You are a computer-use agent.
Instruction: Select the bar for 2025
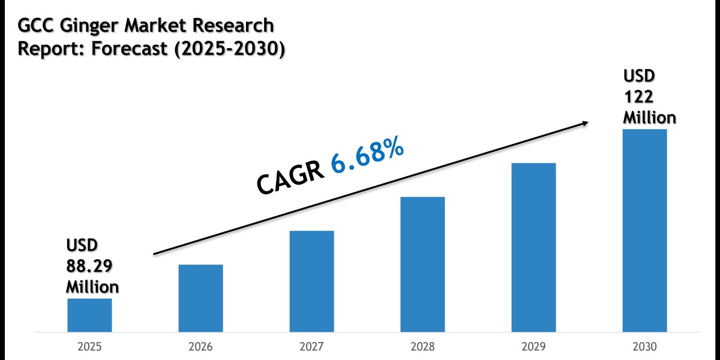(x=89, y=315)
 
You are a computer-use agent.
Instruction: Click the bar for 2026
(x=200, y=298)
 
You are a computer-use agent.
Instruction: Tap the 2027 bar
(x=311, y=281)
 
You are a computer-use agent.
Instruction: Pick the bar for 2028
(x=422, y=264)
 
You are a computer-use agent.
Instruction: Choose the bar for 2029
(x=533, y=247)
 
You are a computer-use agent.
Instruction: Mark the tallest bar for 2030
(x=644, y=230)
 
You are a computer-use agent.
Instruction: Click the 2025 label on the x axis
(x=89, y=347)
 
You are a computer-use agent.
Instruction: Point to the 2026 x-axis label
(x=200, y=347)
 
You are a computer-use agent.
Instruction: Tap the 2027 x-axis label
(x=311, y=347)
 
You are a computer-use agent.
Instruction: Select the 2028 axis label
(x=422, y=347)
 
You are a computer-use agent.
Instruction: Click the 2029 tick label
(x=533, y=347)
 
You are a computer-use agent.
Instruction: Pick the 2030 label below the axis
(x=644, y=347)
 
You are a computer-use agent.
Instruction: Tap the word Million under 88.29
(x=92, y=286)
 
